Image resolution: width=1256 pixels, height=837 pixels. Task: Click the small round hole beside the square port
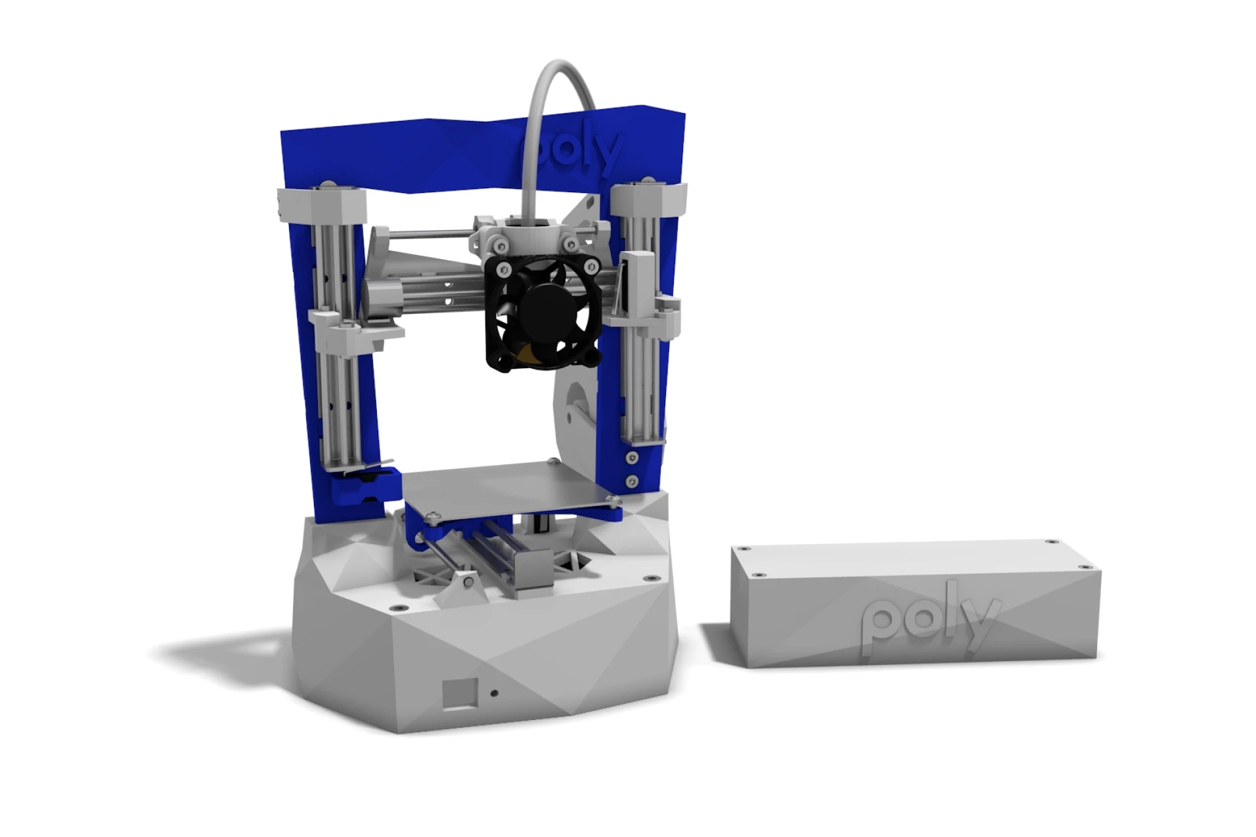[494, 693]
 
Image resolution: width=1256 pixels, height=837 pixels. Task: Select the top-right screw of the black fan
[591, 265]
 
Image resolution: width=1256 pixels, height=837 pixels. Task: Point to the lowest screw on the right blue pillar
[632, 481]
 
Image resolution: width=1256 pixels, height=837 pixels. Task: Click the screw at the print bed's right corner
[613, 502]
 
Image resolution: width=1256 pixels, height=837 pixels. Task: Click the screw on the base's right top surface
[648, 579]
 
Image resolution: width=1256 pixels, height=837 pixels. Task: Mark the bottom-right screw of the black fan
[593, 357]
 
